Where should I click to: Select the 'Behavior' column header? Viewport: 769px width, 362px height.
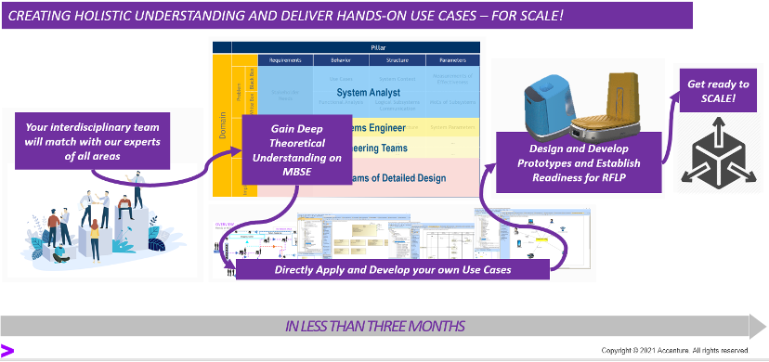(333, 60)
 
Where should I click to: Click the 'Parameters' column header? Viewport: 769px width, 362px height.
(452, 60)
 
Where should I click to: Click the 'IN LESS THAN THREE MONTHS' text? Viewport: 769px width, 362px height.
(374, 326)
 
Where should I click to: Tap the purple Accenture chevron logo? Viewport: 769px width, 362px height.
(7, 350)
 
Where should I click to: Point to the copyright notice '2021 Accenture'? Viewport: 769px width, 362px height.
(674, 350)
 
